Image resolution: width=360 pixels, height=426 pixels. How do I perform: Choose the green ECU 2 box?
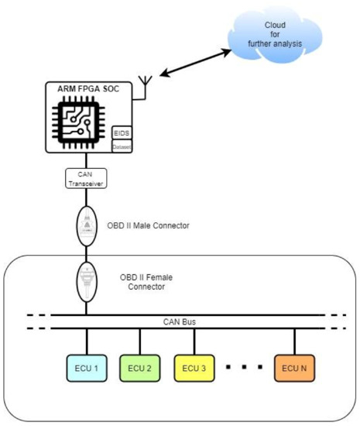tap(140, 368)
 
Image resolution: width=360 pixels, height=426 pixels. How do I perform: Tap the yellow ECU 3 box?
tap(194, 368)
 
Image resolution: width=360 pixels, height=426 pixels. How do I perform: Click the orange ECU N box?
tap(296, 368)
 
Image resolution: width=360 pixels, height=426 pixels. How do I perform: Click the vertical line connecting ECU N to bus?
tap(296, 342)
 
